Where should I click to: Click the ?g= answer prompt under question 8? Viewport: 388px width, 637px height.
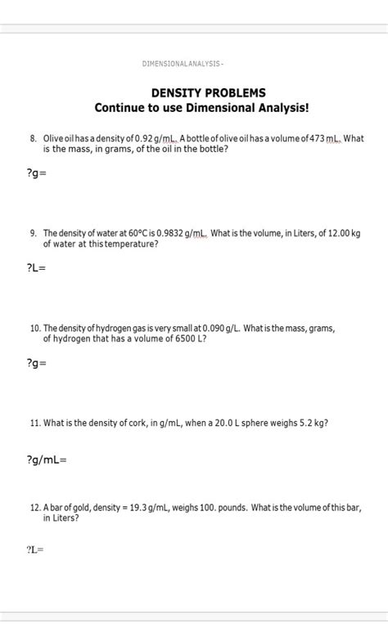point(36,173)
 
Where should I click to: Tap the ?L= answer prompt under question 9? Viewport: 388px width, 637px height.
point(36,267)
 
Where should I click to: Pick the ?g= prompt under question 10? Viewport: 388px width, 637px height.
point(36,362)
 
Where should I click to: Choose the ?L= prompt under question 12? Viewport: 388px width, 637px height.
point(34,550)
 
